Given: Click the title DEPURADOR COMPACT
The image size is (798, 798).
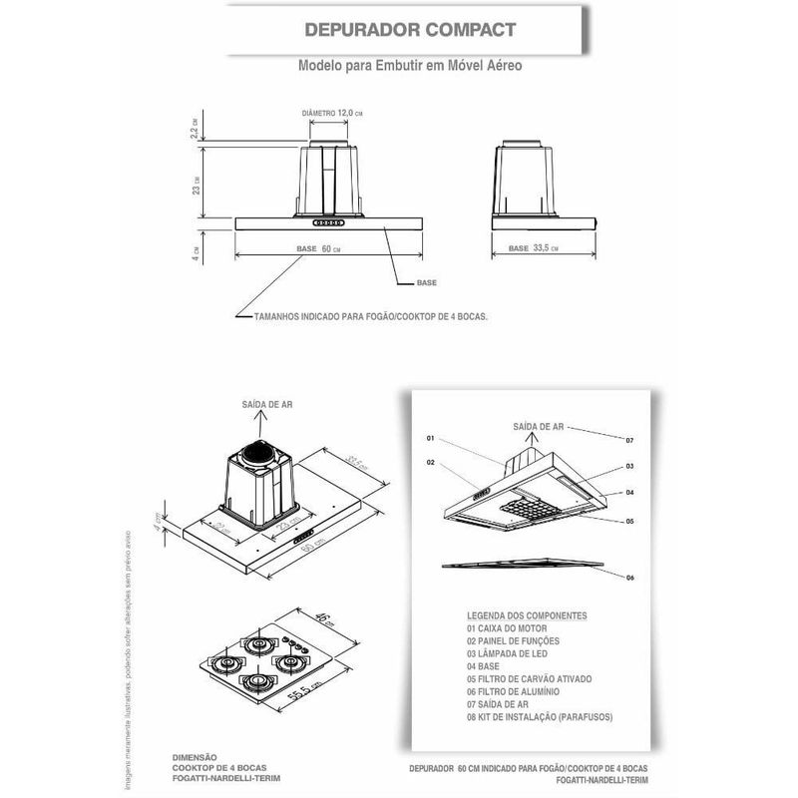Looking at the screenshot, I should [x=410, y=29].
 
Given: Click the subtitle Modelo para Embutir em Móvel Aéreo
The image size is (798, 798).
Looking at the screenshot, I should [x=410, y=65].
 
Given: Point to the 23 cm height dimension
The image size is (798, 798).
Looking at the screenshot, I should [x=198, y=184].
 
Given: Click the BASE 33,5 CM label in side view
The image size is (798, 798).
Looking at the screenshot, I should [x=533, y=248].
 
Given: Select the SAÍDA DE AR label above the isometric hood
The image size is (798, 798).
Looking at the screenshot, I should [x=266, y=404].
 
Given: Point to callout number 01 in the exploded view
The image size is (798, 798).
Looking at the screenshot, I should [x=431, y=438].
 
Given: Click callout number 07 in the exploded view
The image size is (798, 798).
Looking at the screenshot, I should [x=629, y=439].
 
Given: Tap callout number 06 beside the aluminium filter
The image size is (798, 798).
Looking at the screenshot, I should [x=629, y=578].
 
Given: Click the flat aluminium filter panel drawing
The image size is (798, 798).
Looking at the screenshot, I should [x=524, y=564].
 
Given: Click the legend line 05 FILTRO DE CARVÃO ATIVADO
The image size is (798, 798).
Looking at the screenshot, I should [x=535, y=678].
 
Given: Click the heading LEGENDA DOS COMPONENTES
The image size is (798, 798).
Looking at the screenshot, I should [x=527, y=616].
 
